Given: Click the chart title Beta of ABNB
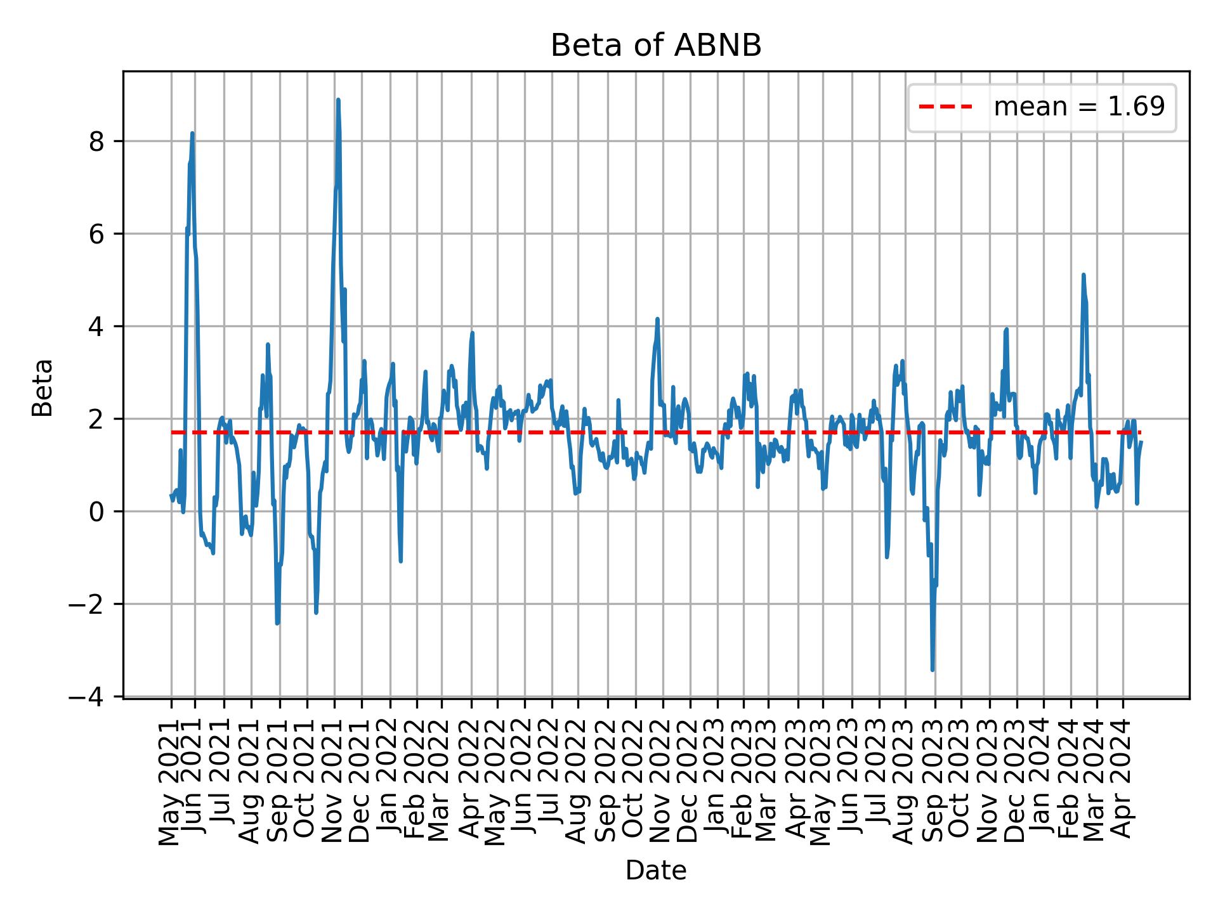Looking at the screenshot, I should (655, 46).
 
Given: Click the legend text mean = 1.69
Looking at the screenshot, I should (1078, 107).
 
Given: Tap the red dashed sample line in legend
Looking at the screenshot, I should (945, 107).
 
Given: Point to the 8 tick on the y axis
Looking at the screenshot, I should (96, 141).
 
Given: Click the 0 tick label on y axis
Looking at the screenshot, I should (96, 512).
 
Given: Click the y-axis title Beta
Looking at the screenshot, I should (43, 387).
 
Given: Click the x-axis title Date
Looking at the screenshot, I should (655, 871).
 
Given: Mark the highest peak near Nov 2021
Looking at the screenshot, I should (338, 100).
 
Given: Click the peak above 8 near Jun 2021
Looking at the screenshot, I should (192, 133).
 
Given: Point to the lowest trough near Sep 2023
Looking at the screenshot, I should (932, 670).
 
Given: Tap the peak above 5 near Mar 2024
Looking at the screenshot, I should (1084, 275).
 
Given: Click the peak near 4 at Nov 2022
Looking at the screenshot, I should (658, 319).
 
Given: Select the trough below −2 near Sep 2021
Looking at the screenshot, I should (277, 623).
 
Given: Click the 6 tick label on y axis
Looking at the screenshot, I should (96, 234).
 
